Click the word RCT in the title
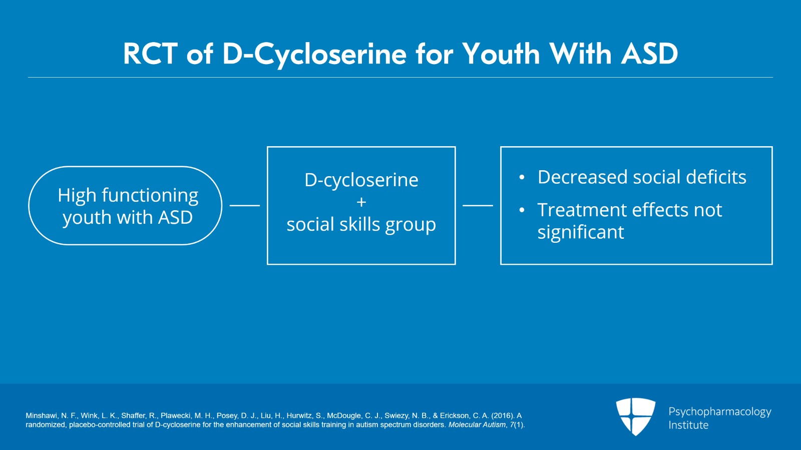pyautogui.click(x=150, y=54)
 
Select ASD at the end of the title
pyautogui.click(x=649, y=54)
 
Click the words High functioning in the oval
pyautogui.click(x=128, y=196)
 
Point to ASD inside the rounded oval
pyautogui.click(x=175, y=217)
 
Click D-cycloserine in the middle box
pyautogui.click(x=361, y=180)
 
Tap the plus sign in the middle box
pyautogui.click(x=361, y=202)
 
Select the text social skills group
pyautogui.click(x=361, y=225)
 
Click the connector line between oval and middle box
pyautogui.click(x=245, y=206)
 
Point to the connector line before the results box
pyautogui.click(x=478, y=206)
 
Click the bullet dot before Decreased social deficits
pyautogui.click(x=522, y=177)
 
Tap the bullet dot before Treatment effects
pyautogui.click(x=522, y=210)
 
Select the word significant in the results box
pyautogui.click(x=581, y=232)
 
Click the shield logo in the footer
pyautogui.click(x=635, y=416)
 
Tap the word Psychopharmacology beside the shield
pyautogui.click(x=720, y=412)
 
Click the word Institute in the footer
pyautogui.click(x=688, y=425)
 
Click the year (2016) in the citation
pyautogui.click(x=503, y=415)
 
